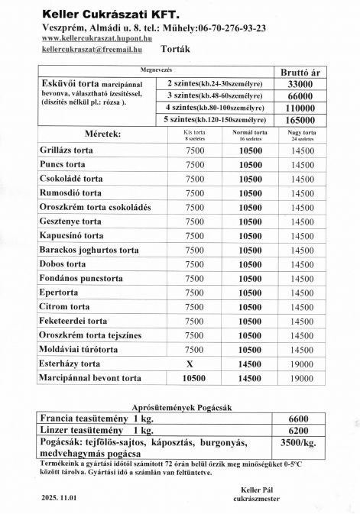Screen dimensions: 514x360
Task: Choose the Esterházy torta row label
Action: click(70, 364)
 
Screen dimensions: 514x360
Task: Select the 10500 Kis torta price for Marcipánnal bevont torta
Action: click(194, 378)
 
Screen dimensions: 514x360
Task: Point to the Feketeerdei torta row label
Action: click(73, 321)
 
